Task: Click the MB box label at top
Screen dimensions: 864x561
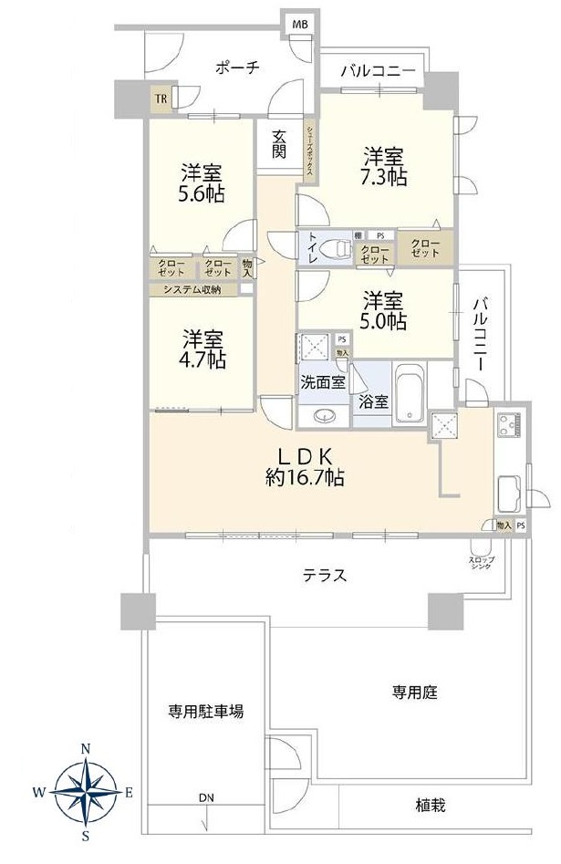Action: pos(298,23)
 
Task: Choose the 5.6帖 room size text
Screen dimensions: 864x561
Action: pos(202,193)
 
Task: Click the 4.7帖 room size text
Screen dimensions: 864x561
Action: pos(202,359)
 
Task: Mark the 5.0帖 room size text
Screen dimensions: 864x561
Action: pos(383,322)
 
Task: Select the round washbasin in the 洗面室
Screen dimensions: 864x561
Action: pos(323,417)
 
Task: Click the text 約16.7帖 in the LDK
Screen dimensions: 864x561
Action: pos(305,476)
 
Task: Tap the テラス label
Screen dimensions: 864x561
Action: pos(325,575)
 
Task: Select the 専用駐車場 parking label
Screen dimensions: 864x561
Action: pos(204,712)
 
